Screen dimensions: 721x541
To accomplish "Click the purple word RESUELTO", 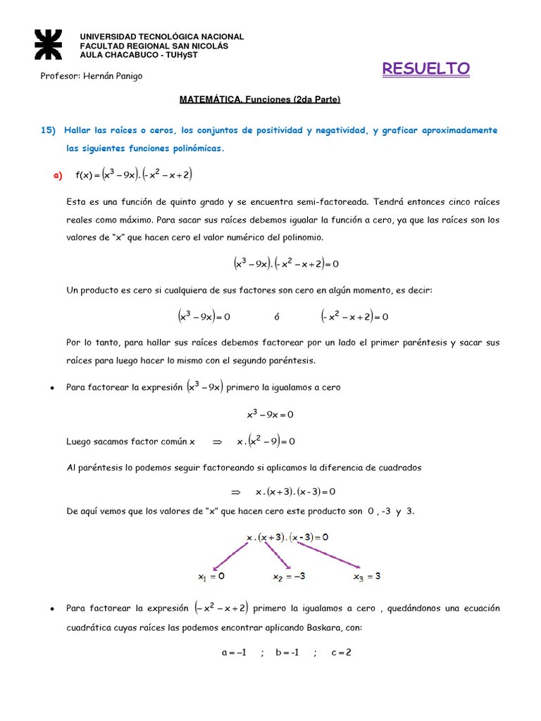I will click(425, 68).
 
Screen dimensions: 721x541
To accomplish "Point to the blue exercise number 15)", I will click(48, 130).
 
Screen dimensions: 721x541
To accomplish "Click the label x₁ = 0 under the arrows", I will click(211, 576).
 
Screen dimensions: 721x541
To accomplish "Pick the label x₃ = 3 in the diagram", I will click(367, 576).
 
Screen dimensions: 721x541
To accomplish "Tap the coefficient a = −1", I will click(234, 653).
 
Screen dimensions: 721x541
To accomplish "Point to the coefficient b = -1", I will click(287, 653).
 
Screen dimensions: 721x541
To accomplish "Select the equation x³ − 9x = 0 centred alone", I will click(270, 415).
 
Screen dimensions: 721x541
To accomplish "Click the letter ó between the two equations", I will click(277, 318).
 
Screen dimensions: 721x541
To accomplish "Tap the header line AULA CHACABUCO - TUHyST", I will click(138, 55).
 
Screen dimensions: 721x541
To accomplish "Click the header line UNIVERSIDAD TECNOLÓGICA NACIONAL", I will click(161, 37).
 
